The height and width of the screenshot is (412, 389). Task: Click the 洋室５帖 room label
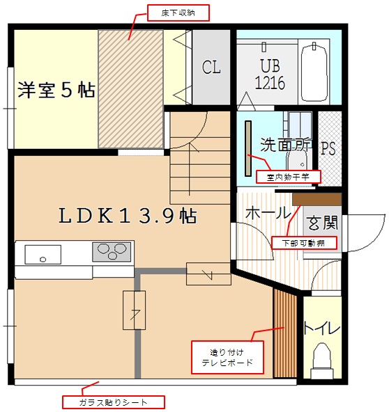point(56,90)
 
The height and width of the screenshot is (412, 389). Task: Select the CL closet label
point(211,68)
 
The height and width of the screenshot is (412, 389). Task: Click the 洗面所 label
point(286,145)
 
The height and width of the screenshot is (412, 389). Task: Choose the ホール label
point(267,212)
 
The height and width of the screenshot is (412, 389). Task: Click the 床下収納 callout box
point(178,13)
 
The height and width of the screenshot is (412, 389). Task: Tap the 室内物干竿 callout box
point(288,177)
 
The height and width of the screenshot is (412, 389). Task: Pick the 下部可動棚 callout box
point(303,243)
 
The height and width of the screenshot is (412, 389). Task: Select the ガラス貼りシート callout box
point(114,402)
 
